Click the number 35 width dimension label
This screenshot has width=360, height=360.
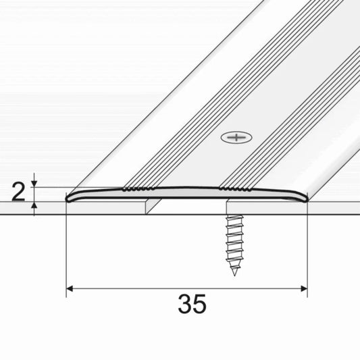pyautogui.click(x=193, y=305)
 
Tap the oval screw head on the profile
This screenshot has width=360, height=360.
pyautogui.click(x=236, y=138)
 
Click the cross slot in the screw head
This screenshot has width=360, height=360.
pyautogui.click(x=236, y=138)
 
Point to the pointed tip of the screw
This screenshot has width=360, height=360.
pyautogui.click(x=234, y=273)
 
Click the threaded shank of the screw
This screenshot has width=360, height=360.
pyautogui.click(x=232, y=240)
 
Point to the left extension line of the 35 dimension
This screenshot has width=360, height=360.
pyautogui.click(x=66, y=250)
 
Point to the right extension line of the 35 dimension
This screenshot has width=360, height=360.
pyautogui.click(x=307, y=250)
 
